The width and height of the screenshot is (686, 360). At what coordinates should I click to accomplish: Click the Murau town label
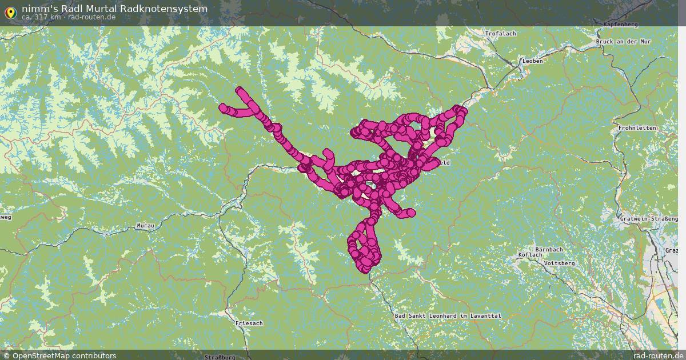click(x=145, y=226)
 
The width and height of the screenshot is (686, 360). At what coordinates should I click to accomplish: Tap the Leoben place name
click(x=532, y=61)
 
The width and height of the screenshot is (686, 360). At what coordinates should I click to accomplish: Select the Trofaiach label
click(x=500, y=34)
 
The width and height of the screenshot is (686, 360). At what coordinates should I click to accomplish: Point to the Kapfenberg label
click(x=620, y=25)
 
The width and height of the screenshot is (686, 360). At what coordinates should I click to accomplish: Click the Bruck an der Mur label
click(x=623, y=42)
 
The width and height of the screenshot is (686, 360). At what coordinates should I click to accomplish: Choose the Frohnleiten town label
click(x=637, y=128)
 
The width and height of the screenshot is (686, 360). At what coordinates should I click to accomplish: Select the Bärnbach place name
click(x=549, y=250)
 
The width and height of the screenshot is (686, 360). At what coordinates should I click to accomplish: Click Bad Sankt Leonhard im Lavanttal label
click(x=448, y=316)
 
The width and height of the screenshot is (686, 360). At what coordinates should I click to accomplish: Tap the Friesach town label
click(x=249, y=323)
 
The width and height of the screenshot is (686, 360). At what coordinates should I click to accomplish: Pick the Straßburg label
click(x=220, y=357)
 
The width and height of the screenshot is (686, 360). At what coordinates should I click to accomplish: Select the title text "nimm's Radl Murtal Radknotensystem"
click(x=114, y=9)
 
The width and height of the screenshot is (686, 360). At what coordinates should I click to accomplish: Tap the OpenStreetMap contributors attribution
click(x=60, y=355)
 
